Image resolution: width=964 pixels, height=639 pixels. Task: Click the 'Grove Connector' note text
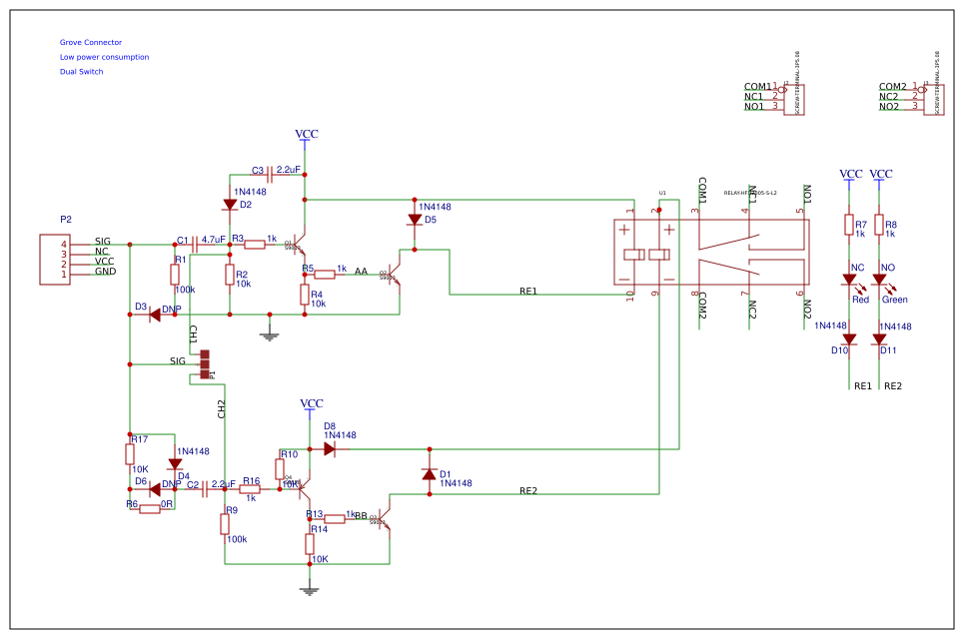90,43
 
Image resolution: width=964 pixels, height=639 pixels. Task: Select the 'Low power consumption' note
104,57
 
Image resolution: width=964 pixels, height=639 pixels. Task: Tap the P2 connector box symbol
55,259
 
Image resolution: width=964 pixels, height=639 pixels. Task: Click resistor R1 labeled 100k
175,274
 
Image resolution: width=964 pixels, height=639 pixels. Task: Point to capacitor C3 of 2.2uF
271,174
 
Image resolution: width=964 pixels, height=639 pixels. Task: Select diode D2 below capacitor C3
230,205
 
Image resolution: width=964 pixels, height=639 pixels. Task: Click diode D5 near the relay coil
415,220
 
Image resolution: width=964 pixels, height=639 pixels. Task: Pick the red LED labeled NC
850,281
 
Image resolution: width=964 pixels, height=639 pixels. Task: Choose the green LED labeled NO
880,281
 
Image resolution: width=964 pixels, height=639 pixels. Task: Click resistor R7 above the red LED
849,226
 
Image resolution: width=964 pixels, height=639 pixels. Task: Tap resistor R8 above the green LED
879,226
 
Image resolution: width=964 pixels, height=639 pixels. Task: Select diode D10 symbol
850,339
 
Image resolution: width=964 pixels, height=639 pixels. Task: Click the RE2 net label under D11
893,386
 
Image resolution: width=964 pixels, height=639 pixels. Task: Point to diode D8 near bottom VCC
330,449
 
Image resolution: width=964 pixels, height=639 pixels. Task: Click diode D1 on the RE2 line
430,474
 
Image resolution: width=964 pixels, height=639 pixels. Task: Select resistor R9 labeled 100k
225,524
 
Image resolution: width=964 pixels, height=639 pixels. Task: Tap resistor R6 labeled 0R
150,509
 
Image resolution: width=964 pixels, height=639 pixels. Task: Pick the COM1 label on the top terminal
756,87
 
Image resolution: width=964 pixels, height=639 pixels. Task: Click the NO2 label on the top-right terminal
889,106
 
